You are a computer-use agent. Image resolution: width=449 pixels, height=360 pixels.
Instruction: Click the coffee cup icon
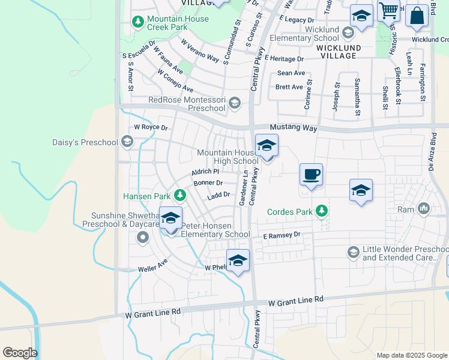(311, 175)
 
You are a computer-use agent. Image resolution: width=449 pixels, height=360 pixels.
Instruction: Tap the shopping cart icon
(388, 10)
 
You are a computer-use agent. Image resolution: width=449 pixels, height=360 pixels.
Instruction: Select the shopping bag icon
(417, 15)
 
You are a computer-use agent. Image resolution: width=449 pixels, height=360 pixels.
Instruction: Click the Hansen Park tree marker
(179, 196)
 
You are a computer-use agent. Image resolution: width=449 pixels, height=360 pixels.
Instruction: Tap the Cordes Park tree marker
(322, 211)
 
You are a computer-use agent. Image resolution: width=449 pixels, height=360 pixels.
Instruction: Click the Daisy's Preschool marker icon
(127, 142)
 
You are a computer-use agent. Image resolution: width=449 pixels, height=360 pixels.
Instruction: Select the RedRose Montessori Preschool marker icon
(234, 103)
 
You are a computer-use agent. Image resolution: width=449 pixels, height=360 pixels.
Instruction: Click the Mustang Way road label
(293, 128)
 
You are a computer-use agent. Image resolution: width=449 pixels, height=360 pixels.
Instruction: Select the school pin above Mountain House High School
(267, 146)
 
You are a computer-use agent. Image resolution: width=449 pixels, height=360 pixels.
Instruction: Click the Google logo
(20, 353)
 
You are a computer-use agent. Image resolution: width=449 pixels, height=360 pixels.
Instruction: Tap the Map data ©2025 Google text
(412, 355)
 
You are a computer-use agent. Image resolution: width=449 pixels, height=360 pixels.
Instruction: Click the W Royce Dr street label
(151, 127)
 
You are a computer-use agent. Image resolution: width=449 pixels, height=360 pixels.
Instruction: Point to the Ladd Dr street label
(218, 194)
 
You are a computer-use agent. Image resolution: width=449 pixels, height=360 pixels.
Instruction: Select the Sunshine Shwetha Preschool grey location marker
(143, 238)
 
